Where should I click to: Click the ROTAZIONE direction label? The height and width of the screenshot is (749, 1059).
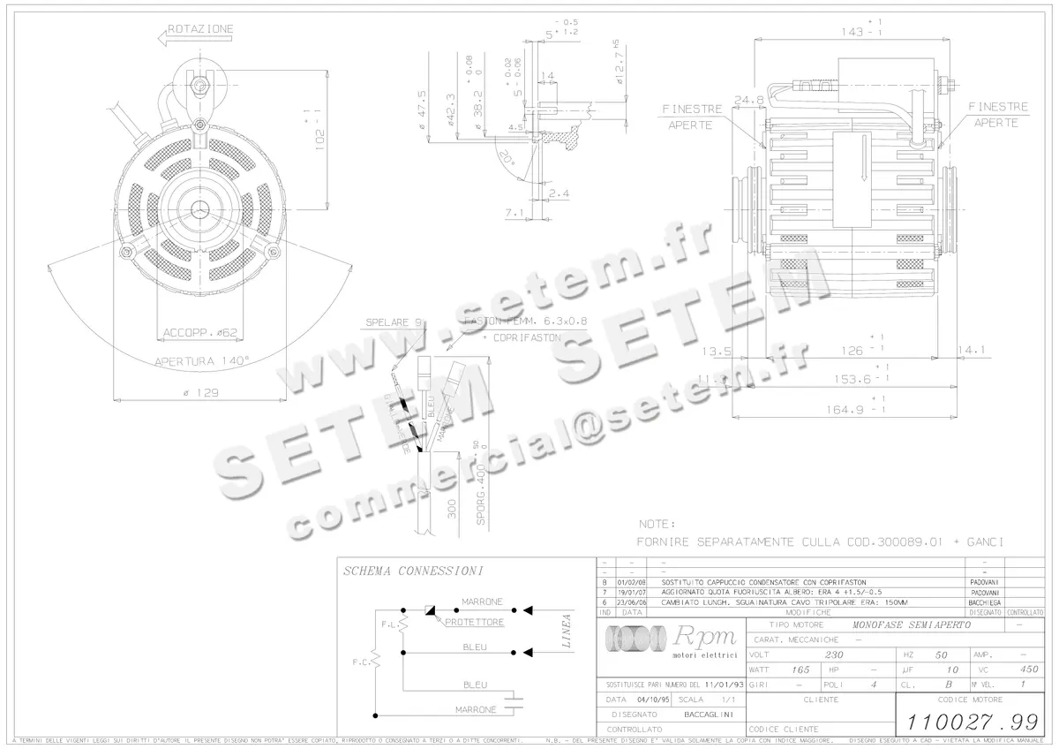200,29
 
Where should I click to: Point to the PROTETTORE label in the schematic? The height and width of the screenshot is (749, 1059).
474,623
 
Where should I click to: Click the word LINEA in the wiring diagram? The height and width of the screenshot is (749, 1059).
566,631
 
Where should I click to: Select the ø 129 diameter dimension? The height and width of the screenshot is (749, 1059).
200,392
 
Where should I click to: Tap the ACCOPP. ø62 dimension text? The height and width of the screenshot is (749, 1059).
200,333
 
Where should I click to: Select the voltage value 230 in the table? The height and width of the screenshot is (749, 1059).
833,655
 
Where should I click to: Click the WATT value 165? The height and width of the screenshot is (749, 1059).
800,670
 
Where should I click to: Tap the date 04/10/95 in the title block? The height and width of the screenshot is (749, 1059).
647,699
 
